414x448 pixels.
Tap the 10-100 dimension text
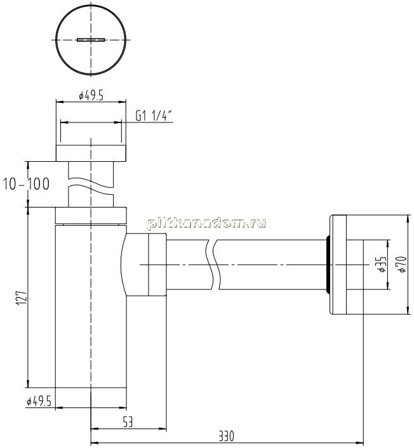pyautogui.click(x=26, y=184)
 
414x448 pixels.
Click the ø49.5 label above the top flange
pyautogui.click(x=91, y=95)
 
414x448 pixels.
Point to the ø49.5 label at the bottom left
pyautogui.click(x=39, y=402)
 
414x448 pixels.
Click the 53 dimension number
pyautogui.click(x=128, y=422)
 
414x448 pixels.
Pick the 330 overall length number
pyautogui.click(x=227, y=436)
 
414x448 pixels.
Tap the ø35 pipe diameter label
pyautogui.click(x=382, y=265)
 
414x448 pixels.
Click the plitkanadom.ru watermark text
pyautogui.click(x=206, y=223)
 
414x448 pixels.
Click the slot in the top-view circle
pyautogui.click(x=91, y=40)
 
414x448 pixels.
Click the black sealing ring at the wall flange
pyautogui.click(x=328, y=265)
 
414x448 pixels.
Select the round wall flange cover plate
pyautogui.click(x=338, y=265)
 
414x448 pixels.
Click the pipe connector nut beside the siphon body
pyautogui.click(x=157, y=265)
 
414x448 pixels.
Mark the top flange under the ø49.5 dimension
pyautogui.click(x=91, y=154)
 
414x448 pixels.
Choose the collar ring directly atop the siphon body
pyautogui.click(x=91, y=215)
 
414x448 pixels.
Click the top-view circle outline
pyautogui.click(x=56, y=40)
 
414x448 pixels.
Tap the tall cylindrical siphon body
pyautogui.click(x=91, y=306)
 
